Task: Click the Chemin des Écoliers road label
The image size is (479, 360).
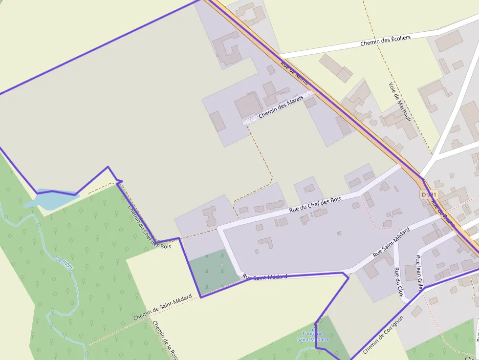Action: [385, 40]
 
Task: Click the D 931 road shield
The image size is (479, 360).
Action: [429, 194]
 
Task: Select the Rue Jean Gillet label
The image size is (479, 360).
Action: [419, 273]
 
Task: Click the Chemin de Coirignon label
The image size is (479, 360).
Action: [383, 335]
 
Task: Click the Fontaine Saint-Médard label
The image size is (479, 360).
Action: [312, 337]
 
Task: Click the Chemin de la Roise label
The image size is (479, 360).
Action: [165, 340]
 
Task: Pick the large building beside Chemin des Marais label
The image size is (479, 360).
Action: [248, 106]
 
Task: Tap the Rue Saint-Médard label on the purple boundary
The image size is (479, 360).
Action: [264, 277]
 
